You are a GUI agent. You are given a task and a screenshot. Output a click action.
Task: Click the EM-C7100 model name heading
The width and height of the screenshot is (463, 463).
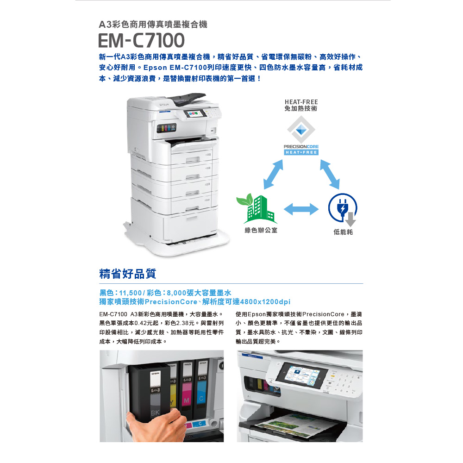tap(141, 40)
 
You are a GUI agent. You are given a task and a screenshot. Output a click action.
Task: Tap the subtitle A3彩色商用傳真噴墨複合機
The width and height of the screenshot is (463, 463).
tap(153, 24)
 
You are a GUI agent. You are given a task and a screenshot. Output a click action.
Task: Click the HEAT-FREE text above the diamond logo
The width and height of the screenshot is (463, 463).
tap(301, 102)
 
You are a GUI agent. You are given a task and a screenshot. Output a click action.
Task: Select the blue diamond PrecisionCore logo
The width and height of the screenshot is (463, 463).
tap(301, 130)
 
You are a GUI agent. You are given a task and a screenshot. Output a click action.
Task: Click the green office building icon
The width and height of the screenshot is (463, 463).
tap(257, 209)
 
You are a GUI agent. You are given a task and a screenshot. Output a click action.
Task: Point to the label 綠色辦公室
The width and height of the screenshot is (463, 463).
tap(261, 230)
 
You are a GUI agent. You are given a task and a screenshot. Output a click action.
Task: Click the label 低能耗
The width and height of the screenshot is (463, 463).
tap(343, 232)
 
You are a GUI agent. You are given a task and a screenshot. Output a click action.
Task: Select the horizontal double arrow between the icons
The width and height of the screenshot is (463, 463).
tap(301, 209)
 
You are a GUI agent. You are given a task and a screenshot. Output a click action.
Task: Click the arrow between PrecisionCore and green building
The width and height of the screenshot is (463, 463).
tap(273, 174)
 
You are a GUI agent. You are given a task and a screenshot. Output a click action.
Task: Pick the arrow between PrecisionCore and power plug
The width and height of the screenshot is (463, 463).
tap(330, 174)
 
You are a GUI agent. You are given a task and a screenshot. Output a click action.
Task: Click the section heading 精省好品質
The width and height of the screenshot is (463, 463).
tap(128, 274)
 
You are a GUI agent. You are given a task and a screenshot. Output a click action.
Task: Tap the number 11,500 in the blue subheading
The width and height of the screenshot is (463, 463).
tap(130, 293)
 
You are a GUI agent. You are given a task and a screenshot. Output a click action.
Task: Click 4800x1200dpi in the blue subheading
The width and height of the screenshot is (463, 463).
tap(265, 302)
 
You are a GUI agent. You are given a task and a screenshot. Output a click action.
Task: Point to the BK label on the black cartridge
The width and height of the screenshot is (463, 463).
tap(155, 413)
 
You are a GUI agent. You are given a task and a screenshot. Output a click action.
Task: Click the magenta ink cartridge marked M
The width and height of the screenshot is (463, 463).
tap(187, 390)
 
